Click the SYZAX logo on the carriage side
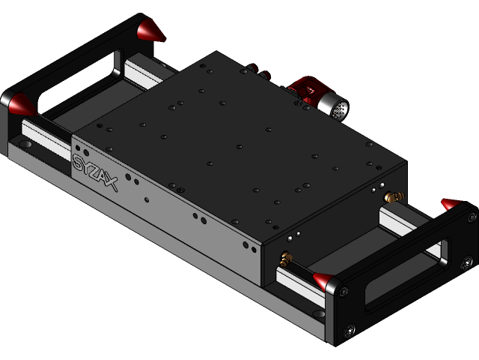coord(96,171)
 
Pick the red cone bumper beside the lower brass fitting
coord(324,281)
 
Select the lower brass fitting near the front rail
coord(285,259)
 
